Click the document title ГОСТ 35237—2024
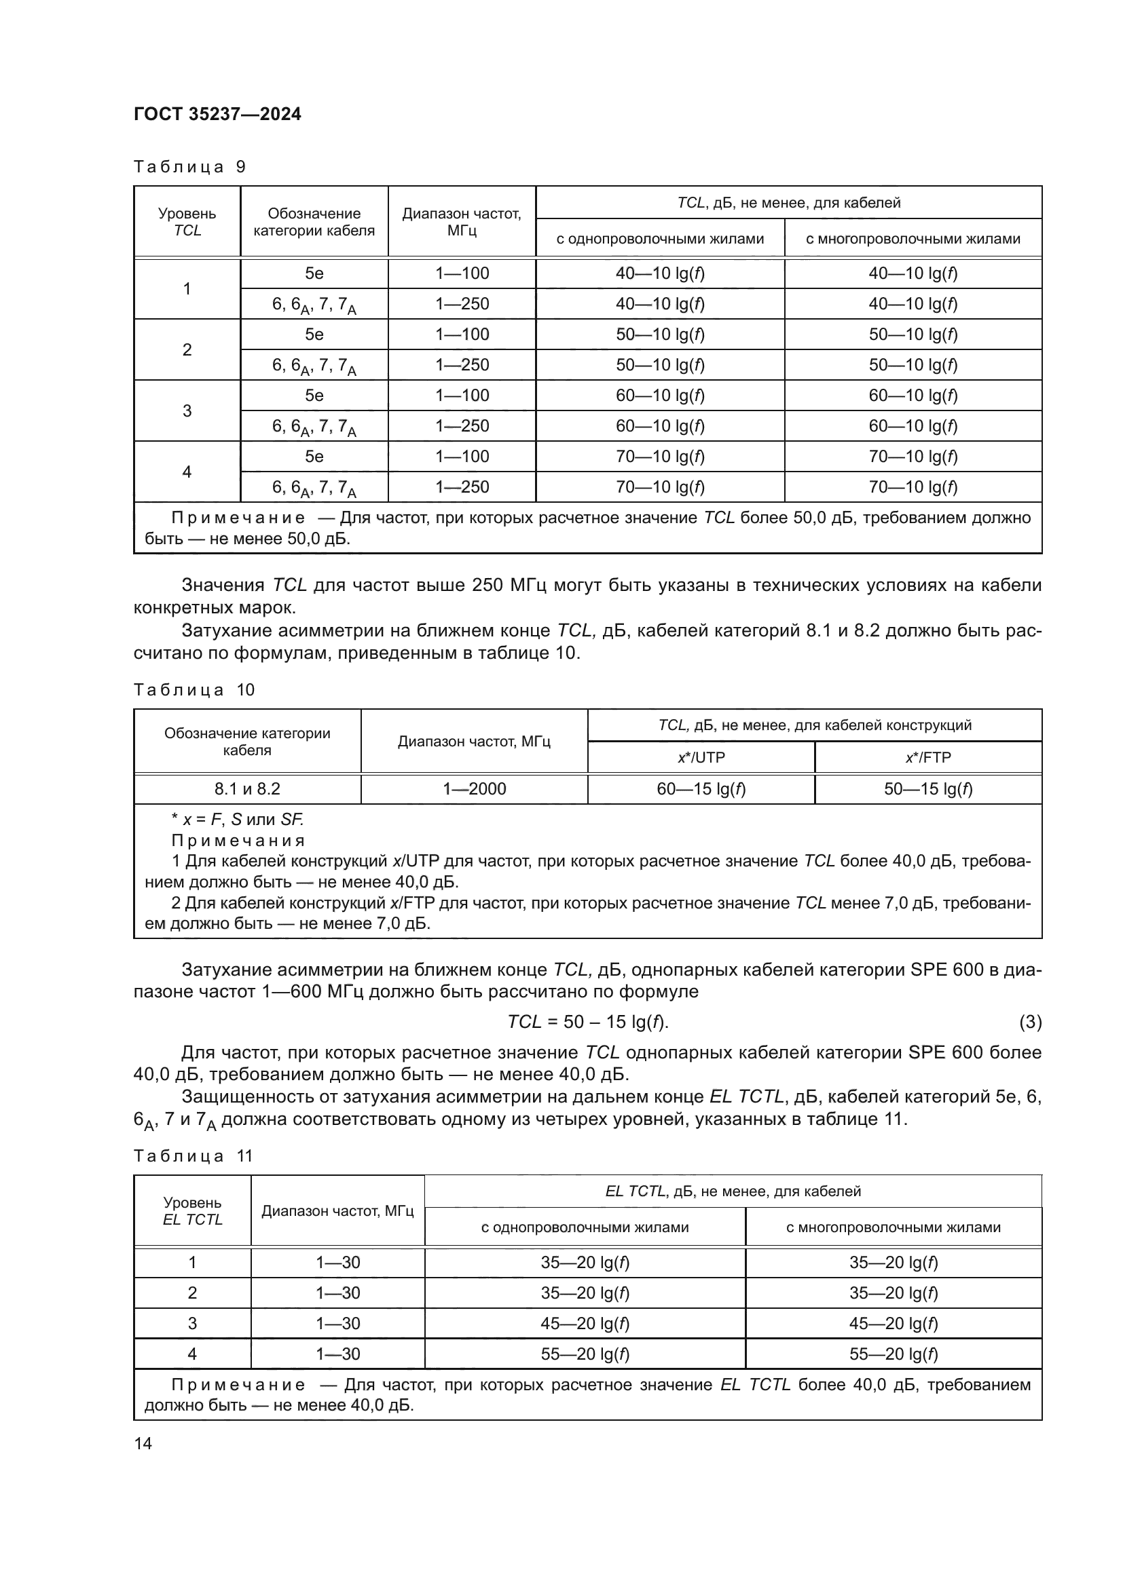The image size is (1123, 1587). point(217,114)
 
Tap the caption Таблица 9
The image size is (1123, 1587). point(189,167)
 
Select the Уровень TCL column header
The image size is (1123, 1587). point(187,221)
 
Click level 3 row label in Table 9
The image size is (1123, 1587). point(187,410)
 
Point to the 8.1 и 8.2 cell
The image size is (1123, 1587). point(247,788)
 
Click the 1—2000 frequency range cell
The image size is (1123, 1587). point(474,788)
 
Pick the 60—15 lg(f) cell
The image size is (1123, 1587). point(701,788)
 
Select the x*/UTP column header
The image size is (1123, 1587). point(701,757)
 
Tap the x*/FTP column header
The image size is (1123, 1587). point(927,757)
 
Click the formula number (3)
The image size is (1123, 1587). point(1030,1022)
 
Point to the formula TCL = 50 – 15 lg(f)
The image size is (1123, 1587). point(587,1022)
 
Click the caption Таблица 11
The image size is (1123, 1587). point(193,1156)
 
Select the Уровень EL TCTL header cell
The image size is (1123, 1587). point(192,1211)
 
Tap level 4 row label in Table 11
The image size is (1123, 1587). point(192,1354)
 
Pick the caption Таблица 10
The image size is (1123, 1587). point(194,690)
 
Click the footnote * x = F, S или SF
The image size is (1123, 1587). point(237,820)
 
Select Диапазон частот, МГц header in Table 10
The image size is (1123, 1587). point(474,741)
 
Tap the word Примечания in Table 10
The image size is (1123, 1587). point(238,841)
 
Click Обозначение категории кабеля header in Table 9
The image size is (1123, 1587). point(314,221)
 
